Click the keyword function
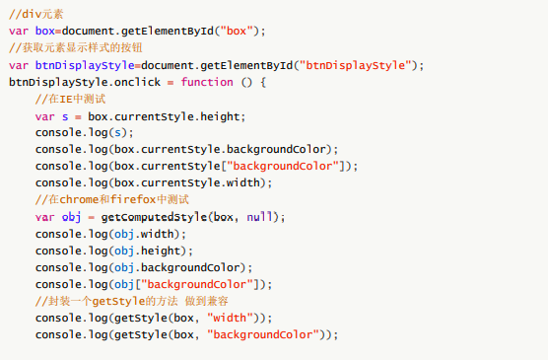[x=207, y=82]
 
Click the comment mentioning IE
[x=70, y=99]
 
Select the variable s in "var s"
[x=64, y=116]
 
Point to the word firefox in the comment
[x=139, y=199]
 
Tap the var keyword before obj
[x=45, y=217]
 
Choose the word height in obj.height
[x=163, y=251]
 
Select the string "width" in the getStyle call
[x=232, y=318]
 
